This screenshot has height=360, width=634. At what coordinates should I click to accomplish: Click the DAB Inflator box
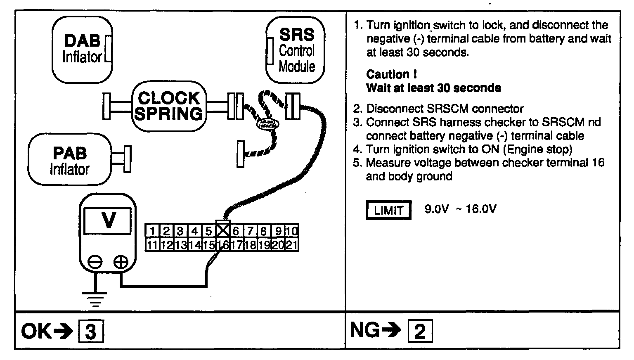[x=82, y=49]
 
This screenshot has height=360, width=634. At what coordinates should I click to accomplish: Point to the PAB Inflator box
[x=70, y=160]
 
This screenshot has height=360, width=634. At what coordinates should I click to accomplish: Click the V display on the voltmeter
[x=108, y=221]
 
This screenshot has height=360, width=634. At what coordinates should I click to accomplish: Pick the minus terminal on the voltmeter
[x=95, y=262]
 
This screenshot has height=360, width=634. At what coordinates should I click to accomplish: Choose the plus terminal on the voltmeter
[x=121, y=262]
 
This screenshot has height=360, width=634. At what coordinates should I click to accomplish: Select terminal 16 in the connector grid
[x=222, y=245]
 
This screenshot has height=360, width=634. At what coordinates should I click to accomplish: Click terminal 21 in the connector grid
[x=292, y=245]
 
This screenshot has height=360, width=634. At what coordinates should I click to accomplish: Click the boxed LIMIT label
[x=388, y=210]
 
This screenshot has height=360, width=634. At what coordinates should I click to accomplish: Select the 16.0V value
[x=481, y=209]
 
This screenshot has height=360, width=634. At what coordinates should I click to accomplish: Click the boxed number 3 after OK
[x=91, y=332]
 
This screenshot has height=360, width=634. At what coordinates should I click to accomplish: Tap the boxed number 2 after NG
[x=420, y=332]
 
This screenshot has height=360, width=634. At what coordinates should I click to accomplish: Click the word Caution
[x=388, y=75]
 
